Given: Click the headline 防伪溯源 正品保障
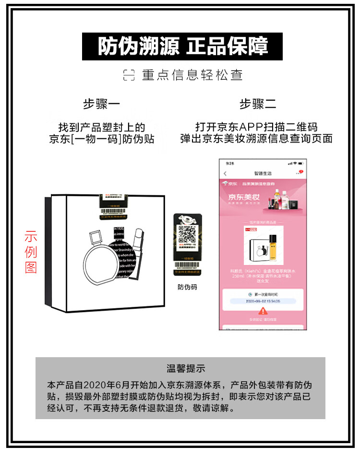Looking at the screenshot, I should coord(183,47).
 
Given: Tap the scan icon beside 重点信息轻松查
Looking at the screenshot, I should coord(129,75).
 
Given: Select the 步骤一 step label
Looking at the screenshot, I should coord(101,104).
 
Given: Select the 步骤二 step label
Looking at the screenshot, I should coord(258,104).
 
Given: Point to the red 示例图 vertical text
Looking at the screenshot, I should coord(31,252).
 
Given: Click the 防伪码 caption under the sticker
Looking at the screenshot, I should coord(187,287).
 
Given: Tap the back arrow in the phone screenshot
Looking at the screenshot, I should coord(225,173).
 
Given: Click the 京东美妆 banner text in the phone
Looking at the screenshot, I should coord(242,197).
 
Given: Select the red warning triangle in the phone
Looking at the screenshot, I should coord(263,311).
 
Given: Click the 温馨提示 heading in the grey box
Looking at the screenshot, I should coord(186,368).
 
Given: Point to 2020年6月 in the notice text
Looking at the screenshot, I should coord(111,385).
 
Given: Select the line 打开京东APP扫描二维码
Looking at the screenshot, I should coord(256,127).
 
